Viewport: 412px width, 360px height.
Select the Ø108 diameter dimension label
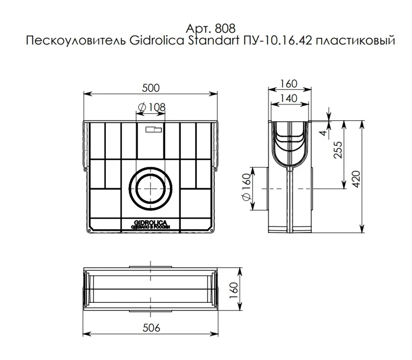click(x=151, y=107)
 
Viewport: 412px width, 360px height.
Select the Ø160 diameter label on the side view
click(x=246, y=187)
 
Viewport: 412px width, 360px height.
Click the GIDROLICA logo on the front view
click(x=150, y=223)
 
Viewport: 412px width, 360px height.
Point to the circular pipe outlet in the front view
click(x=150, y=188)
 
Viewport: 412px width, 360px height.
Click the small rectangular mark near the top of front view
click(x=154, y=129)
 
